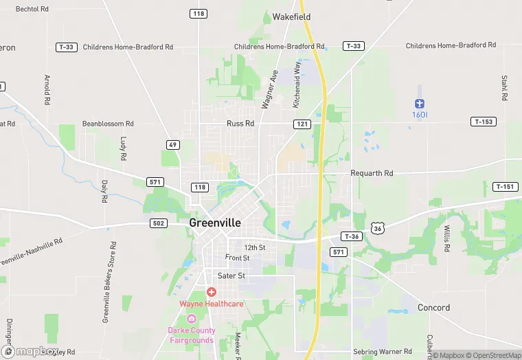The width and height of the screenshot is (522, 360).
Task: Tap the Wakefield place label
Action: [291, 16]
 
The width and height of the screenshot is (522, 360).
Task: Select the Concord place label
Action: [433, 308]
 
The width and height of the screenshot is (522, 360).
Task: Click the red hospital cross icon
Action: [212, 292]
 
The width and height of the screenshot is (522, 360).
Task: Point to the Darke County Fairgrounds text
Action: [192, 335]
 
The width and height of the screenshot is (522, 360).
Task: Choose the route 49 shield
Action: [173, 144]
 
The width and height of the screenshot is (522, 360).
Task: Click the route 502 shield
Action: [158, 223]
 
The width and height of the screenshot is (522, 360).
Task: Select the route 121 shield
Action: [302, 124]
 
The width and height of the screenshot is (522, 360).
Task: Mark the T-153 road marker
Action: [484, 122]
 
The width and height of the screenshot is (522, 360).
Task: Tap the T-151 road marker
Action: [505, 187]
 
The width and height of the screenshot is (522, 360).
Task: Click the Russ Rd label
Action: [240, 124]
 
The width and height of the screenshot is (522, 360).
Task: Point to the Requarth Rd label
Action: [372, 174]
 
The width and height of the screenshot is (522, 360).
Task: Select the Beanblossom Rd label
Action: [108, 124]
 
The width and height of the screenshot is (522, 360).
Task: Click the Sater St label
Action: [231, 275]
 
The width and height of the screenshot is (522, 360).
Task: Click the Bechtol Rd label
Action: [32, 9]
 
